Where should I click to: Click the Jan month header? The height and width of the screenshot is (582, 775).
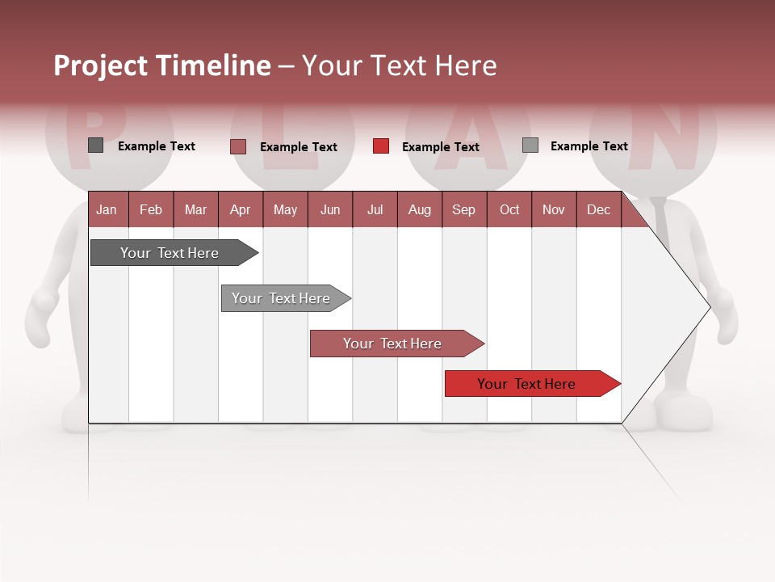(107, 209)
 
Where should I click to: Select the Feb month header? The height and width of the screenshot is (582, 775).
(151, 209)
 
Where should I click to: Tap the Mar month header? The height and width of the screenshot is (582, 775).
(195, 209)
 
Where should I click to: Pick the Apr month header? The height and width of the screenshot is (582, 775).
(241, 209)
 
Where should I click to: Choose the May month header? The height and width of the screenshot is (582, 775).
(285, 209)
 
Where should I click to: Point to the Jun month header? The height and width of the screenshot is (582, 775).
(330, 209)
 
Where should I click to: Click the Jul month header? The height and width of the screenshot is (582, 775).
(375, 209)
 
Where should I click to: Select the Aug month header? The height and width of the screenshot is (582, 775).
(420, 209)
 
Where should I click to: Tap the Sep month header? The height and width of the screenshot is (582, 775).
(464, 209)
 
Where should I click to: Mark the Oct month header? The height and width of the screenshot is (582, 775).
(509, 209)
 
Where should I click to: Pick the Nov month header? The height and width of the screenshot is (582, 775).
(554, 209)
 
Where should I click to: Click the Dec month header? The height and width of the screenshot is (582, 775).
(598, 209)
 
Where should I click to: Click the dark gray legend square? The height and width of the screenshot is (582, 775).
(96, 145)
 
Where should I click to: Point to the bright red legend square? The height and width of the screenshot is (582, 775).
(381, 146)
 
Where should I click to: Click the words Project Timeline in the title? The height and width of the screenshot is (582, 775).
(162, 65)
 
